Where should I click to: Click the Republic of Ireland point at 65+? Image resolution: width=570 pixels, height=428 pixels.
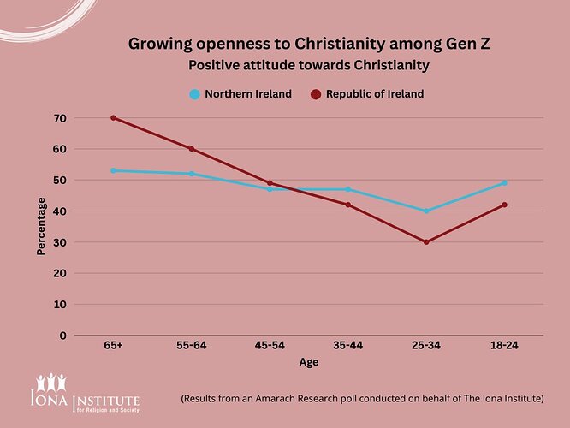tap(113, 117)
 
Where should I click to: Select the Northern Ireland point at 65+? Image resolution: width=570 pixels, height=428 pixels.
tap(113, 170)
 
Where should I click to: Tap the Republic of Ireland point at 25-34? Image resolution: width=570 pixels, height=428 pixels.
tap(426, 242)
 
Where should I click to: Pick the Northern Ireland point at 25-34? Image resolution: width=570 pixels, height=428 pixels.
tap(426, 211)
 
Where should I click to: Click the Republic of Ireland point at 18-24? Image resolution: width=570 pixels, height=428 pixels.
tap(504, 205)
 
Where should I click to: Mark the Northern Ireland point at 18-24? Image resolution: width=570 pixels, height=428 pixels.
tap(504, 182)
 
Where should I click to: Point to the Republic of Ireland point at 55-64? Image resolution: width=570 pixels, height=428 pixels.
tap(192, 149)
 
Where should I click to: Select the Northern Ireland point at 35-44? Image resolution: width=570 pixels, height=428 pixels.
tap(347, 189)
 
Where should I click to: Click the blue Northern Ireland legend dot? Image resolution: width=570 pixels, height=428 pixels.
tap(195, 94)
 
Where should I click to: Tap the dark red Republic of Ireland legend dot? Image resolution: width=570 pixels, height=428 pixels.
tap(315, 94)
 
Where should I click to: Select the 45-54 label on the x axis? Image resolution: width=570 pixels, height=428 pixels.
tap(270, 345)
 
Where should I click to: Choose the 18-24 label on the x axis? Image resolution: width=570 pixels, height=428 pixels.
tap(504, 345)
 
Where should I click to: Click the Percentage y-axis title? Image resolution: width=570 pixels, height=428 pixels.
tap(41, 226)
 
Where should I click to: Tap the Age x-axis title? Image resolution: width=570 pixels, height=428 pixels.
tap(309, 362)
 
